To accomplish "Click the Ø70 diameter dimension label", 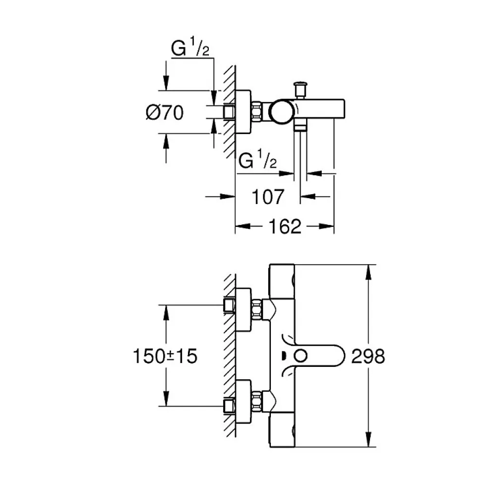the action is pos(165,113).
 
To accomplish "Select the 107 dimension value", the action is pos(268,197).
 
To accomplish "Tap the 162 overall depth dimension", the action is pos(285,226).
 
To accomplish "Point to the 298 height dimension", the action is pos(368,356).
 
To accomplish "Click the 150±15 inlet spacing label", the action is pos(165,356).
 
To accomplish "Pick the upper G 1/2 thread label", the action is pos(190,48).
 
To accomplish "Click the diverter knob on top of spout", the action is pos(300,89).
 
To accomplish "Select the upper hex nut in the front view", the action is pos(257,310).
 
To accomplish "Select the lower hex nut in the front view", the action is pos(257,402).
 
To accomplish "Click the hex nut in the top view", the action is pos(257,112).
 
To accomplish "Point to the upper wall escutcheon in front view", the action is pos(243,310).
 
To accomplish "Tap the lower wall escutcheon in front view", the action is pos(243,401).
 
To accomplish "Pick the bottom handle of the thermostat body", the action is pos(282,430).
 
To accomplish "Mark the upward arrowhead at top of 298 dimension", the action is pos(368,272).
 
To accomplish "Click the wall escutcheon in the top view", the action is pos(243,112).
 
